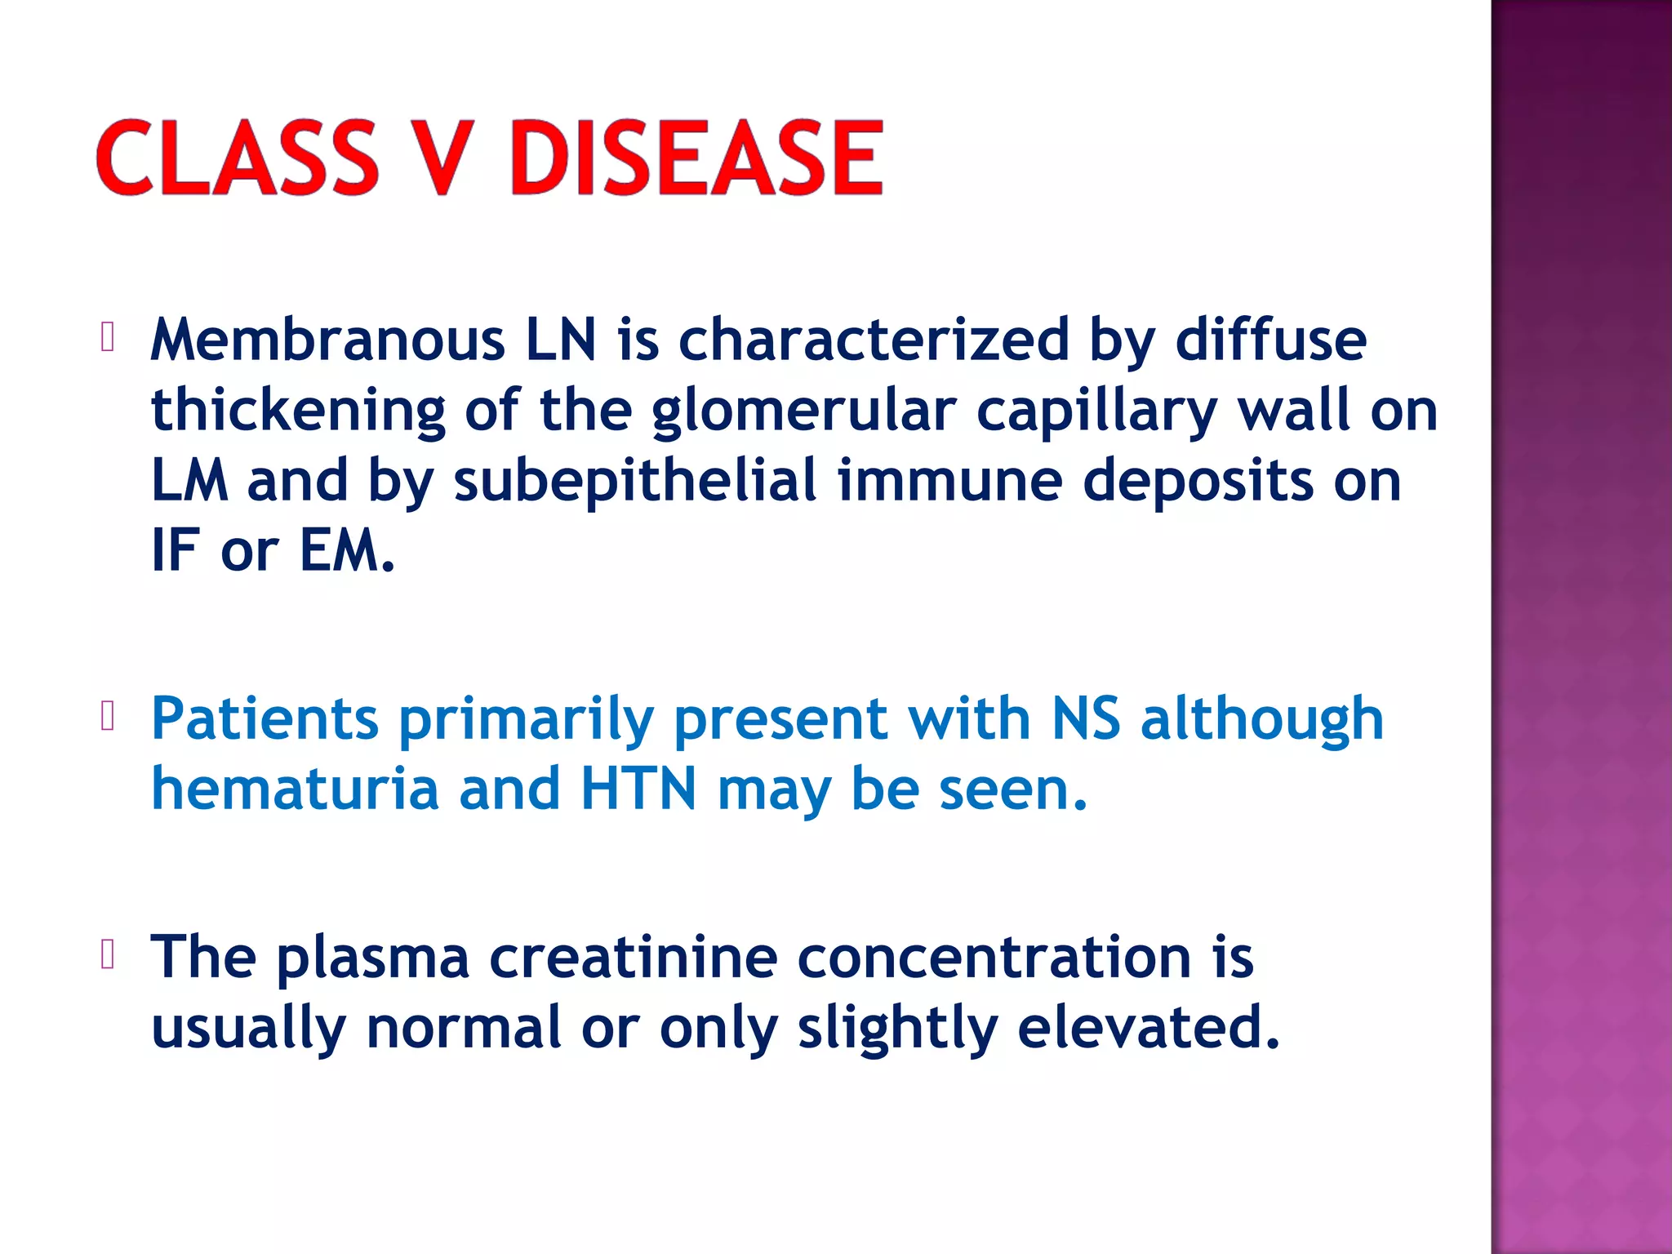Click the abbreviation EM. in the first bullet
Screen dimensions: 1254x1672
[x=347, y=550]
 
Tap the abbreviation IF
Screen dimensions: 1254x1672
[x=175, y=550]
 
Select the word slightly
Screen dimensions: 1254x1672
[x=897, y=1028]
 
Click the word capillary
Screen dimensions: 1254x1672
[x=1096, y=411]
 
